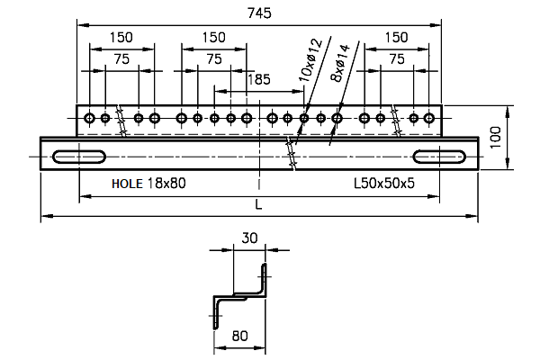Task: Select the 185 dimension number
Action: [258, 80]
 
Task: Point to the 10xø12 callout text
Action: [310, 60]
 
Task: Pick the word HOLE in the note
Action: [127, 183]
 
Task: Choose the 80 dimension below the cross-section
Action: [240, 337]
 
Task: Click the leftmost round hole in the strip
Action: [89, 118]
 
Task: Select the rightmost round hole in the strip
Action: [431, 118]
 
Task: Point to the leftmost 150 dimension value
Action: [121, 38]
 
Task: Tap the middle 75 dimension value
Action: [213, 58]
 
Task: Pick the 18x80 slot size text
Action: [166, 183]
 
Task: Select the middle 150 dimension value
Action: [213, 38]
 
